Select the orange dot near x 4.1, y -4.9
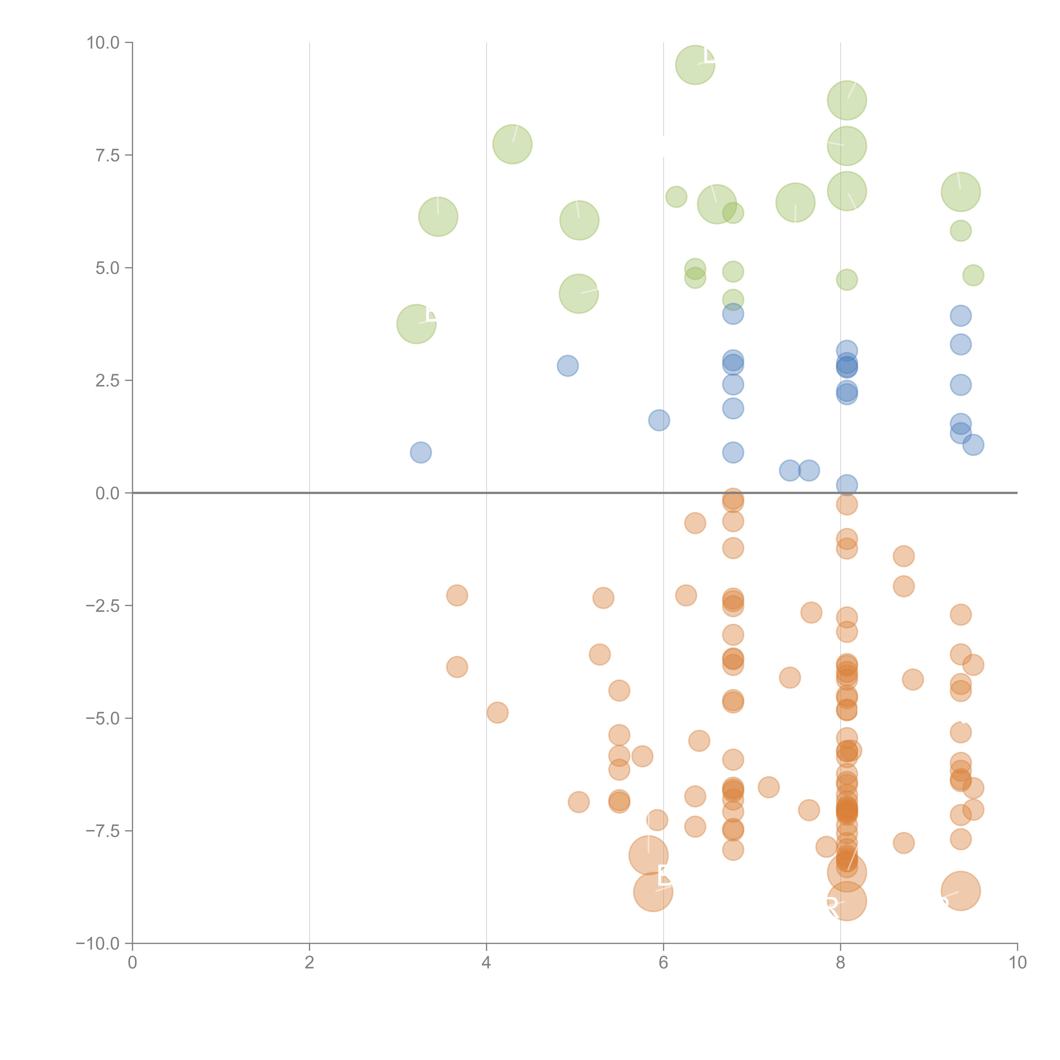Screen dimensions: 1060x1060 [x=497, y=713]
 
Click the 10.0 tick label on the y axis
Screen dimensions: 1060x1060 [x=103, y=43]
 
